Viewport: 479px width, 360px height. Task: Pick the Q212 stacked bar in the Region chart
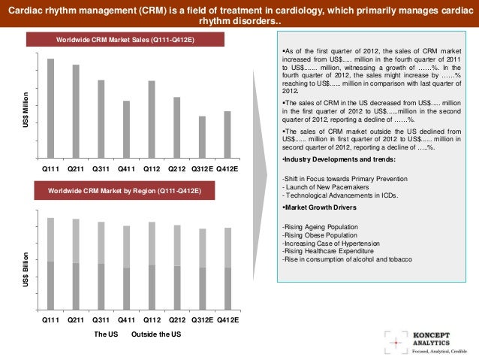(177, 268)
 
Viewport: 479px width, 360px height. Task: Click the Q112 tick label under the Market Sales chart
(151, 169)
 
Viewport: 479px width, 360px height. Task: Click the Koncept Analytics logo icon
(393, 340)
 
